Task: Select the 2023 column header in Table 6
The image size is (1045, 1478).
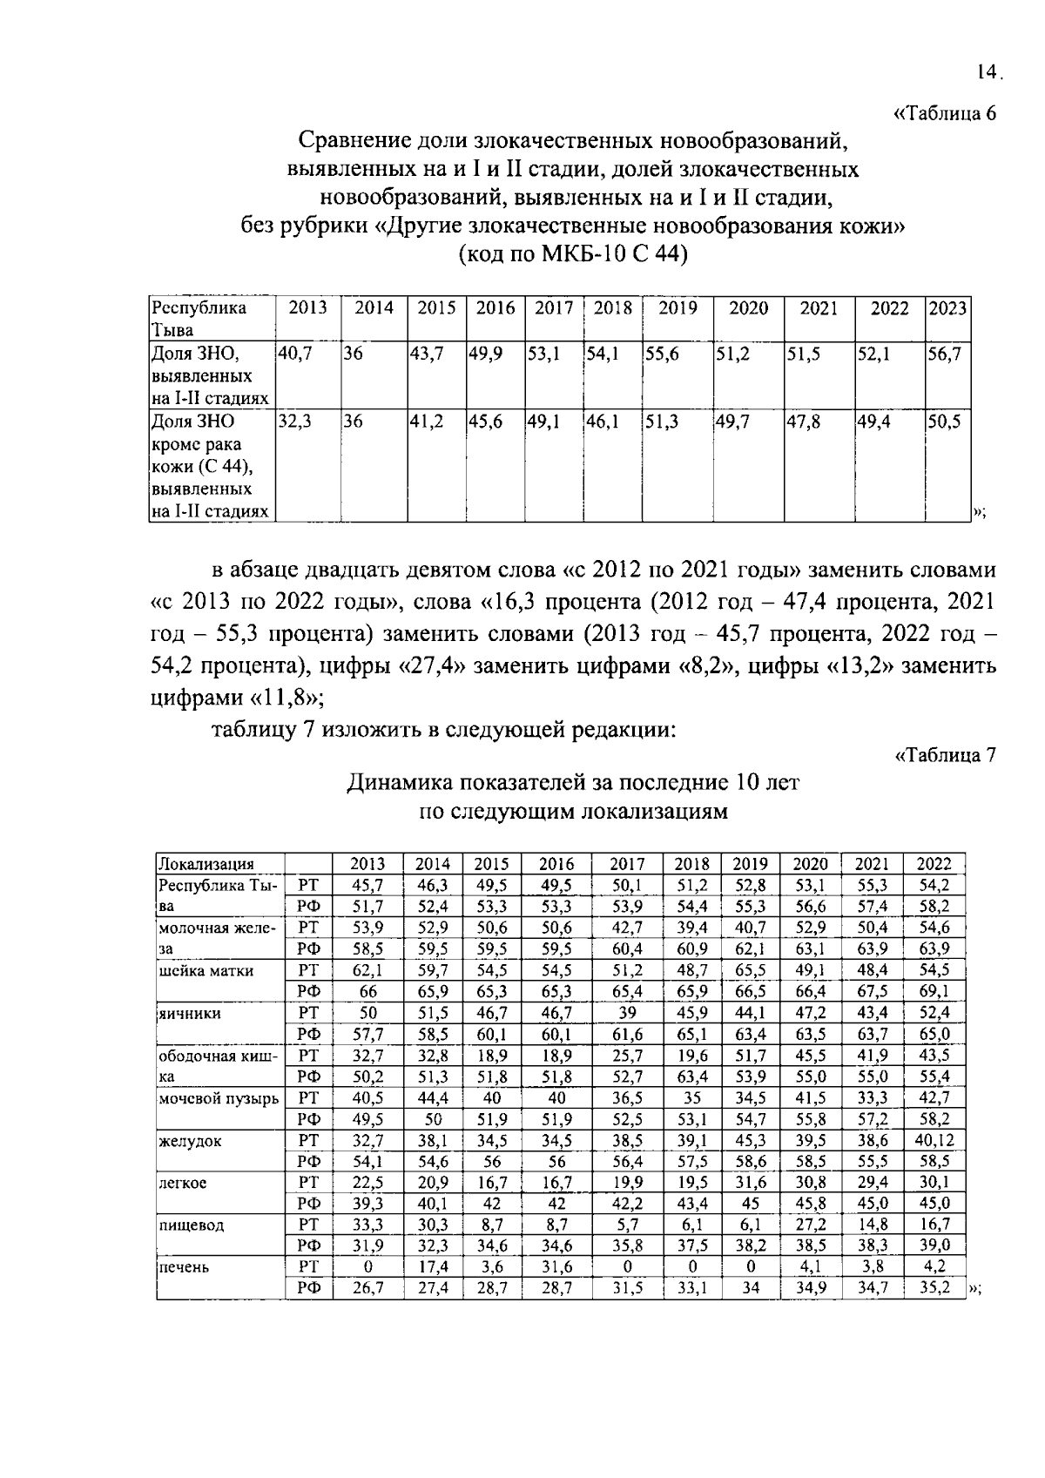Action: (947, 308)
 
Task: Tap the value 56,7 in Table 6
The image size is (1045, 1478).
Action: (944, 354)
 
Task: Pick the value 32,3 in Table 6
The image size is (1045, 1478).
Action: (294, 422)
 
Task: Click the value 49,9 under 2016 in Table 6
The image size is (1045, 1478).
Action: (486, 354)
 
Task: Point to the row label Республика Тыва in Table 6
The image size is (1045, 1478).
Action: (199, 319)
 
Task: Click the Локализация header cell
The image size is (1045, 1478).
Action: (206, 864)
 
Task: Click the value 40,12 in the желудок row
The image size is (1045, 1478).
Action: (934, 1140)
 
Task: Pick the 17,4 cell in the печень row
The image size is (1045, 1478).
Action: (433, 1267)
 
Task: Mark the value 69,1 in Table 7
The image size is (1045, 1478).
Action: (934, 991)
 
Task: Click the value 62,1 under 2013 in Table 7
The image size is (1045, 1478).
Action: (367, 970)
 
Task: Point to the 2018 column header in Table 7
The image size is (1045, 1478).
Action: (692, 864)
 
